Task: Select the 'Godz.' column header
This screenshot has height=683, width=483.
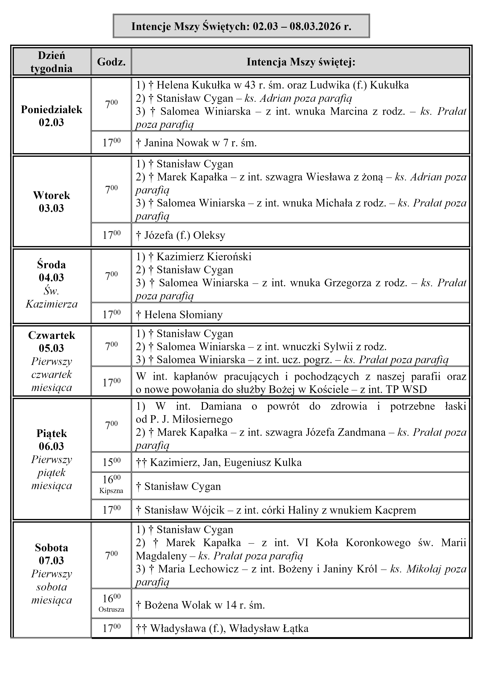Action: click(x=111, y=62)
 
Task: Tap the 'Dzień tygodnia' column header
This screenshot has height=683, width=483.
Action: click(x=51, y=62)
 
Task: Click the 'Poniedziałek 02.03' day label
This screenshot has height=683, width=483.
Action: click(x=51, y=116)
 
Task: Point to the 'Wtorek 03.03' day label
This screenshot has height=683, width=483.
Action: click(x=51, y=201)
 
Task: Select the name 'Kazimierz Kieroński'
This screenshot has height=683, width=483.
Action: click(x=204, y=257)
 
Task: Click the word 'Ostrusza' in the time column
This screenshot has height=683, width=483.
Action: click(x=111, y=607)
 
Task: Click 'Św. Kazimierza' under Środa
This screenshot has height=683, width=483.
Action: click(x=51, y=297)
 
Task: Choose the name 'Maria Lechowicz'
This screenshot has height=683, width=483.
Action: click(x=198, y=569)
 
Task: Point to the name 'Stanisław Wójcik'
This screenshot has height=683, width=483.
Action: click(x=184, y=510)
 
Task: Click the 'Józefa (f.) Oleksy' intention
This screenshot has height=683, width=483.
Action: click(x=184, y=235)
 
